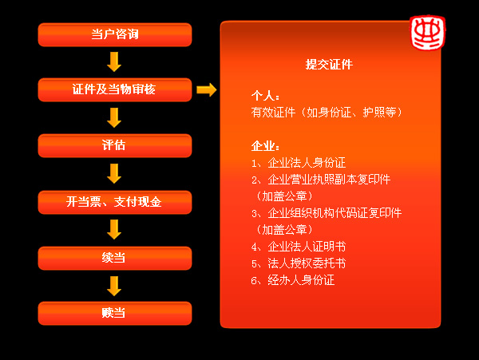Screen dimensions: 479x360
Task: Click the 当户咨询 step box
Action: pos(115,35)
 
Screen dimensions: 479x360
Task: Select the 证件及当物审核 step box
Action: pos(115,89)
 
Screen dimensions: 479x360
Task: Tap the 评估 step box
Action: pos(115,145)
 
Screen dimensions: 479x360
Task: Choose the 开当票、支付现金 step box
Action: pos(115,202)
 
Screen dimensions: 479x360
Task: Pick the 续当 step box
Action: pos(115,259)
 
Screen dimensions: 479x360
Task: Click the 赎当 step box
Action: pos(115,313)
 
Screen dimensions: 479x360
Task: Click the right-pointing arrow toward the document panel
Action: pos(207,89)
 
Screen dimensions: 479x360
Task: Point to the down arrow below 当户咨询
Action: pos(114,62)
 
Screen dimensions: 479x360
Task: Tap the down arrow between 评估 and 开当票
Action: pos(114,174)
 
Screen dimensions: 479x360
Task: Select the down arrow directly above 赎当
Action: pos(114,286)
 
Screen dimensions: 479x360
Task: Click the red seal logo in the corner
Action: pos(428,33)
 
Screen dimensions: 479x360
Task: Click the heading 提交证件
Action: pos(329,65)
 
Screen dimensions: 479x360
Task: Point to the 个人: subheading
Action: pos(266,96)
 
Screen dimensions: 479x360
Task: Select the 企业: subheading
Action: pos(266,146)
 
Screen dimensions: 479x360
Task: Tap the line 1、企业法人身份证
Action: pos(299,163)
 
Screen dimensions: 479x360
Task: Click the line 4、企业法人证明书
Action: pos(299,247)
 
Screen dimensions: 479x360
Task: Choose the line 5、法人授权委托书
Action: pos(299,263)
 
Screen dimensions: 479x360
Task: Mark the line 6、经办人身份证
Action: pos(293,280)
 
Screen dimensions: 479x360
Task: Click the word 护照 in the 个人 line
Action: pos(374,113)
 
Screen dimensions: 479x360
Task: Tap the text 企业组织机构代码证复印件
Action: pos(335,213)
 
